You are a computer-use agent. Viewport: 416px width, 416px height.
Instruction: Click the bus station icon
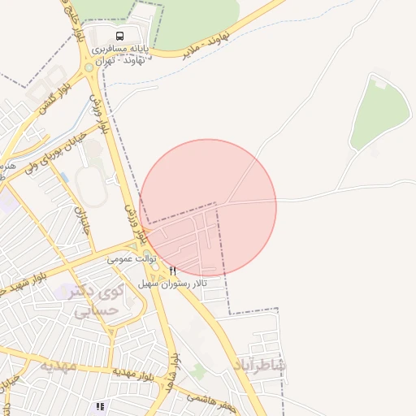[120, 36]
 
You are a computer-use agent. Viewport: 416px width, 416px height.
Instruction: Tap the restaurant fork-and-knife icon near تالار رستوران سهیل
[172, 271]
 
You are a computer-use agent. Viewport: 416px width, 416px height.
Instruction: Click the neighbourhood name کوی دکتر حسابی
[96, 301]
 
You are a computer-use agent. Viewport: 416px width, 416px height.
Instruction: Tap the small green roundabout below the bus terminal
[88, 68]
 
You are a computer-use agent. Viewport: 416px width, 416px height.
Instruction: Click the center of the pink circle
[209, 207]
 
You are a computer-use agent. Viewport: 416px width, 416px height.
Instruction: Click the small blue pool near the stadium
[63, 176]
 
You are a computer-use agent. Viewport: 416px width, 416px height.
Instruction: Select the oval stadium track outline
[91, 188]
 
